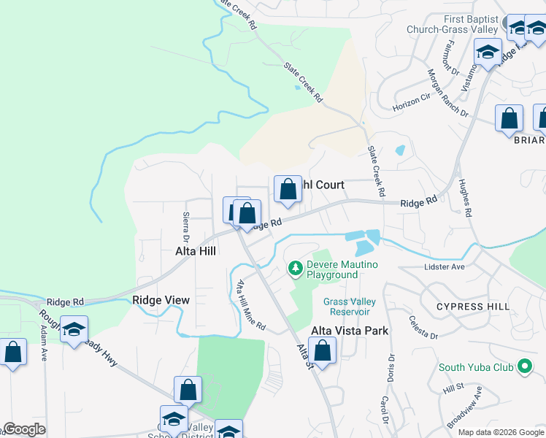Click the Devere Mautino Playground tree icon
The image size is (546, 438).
[x=296, y=269]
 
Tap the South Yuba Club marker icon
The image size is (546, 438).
[x=524, y=366]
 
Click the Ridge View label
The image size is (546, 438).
[x=161, y=300]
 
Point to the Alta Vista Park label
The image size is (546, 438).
[x=350, y=331]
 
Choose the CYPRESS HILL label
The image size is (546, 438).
[x=473, y=307]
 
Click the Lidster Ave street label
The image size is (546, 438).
[x=445, y=267]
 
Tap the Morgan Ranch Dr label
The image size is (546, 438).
[x=447, y=92]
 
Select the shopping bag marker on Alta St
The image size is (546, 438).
[x=322, y=350]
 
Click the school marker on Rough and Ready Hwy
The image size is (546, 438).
[x=74, y=330]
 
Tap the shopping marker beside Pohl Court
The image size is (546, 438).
[x=288, y=190]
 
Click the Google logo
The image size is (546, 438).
[x=24, y=429]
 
